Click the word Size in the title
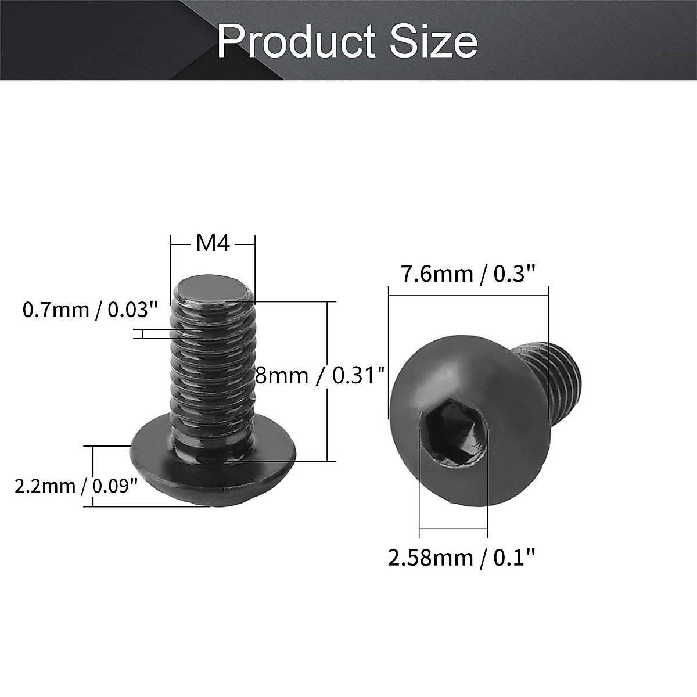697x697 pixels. coord(434,42)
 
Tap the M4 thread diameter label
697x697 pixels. coord(213,243)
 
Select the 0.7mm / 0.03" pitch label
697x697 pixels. coord(90,310)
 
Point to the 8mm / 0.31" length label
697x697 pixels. coord(320,376)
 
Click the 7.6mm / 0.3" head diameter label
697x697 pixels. coord(468,273)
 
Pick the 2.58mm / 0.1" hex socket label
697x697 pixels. coord(461,558)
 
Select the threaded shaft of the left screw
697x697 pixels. coord(213,372)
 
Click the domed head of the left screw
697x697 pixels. coord(213,470)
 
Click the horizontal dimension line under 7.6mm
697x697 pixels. coord(468,296)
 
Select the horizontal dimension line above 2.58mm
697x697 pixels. coord(453,529)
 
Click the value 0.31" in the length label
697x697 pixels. coord(358,376)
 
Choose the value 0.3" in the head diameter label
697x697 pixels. coord(513,273)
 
